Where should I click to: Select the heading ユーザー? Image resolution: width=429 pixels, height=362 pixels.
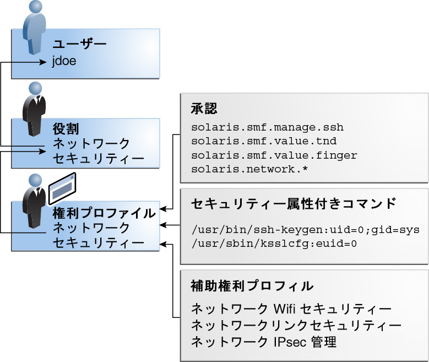click(79, 44)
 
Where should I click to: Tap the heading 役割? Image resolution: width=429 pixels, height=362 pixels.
click(66, 128)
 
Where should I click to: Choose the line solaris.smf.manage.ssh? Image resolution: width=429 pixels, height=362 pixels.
click(267, 127)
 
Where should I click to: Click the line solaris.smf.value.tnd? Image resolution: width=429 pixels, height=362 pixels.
click(264, 142)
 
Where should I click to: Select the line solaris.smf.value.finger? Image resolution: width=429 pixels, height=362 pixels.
click(274, 155)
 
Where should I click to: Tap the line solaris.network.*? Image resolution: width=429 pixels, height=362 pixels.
click(249, 169)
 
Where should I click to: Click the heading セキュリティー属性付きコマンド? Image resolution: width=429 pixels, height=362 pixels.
click(293, 204)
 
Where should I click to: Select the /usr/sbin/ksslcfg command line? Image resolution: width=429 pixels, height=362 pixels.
click(274, 243)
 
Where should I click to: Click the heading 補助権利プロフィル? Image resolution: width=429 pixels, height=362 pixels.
click(252, 286)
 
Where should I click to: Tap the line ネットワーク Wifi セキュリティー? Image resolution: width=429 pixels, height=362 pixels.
click(291, 309)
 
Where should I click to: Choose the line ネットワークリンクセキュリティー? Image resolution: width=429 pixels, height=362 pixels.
click(296, 325)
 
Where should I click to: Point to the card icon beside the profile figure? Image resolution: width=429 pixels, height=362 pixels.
click(62, 188)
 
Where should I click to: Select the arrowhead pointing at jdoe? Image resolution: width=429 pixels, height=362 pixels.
click(45, 62)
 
